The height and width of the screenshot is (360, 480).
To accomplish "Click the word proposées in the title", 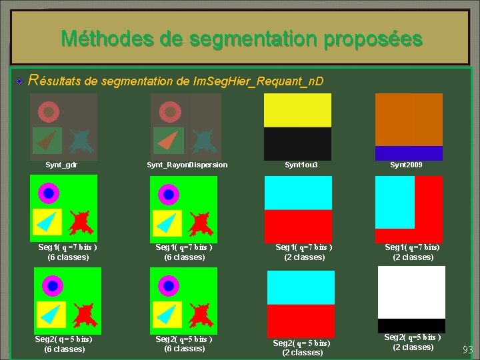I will click(373, 38).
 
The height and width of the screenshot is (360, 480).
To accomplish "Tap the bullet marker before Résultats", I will click(21, 81).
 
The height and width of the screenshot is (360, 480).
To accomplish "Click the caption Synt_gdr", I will click(61, 165).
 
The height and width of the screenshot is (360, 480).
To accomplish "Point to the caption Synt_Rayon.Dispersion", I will click(187, 165).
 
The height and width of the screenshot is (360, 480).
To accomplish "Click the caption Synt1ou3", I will click(297, 165).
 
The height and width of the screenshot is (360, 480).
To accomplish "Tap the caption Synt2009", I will click(406, 165).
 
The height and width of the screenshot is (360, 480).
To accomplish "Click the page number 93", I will click(467, 350).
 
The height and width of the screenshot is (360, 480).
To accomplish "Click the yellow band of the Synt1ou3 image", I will click(297, 110).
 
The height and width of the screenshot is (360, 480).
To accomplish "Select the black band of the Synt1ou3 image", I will click(297, 143).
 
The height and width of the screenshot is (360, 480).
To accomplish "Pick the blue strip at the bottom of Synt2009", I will click(409, 153).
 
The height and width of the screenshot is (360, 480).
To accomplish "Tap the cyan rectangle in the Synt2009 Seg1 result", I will click(395, 201).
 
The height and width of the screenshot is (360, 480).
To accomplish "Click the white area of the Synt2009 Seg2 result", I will click(411, 292).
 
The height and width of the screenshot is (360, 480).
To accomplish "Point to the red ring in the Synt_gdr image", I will click(48, 111).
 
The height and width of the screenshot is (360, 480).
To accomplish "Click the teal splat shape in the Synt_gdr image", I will click(80, 140).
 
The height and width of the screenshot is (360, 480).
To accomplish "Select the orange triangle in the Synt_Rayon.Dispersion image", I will click(169, 140).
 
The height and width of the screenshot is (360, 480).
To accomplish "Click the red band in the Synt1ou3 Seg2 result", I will click(301, 320).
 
